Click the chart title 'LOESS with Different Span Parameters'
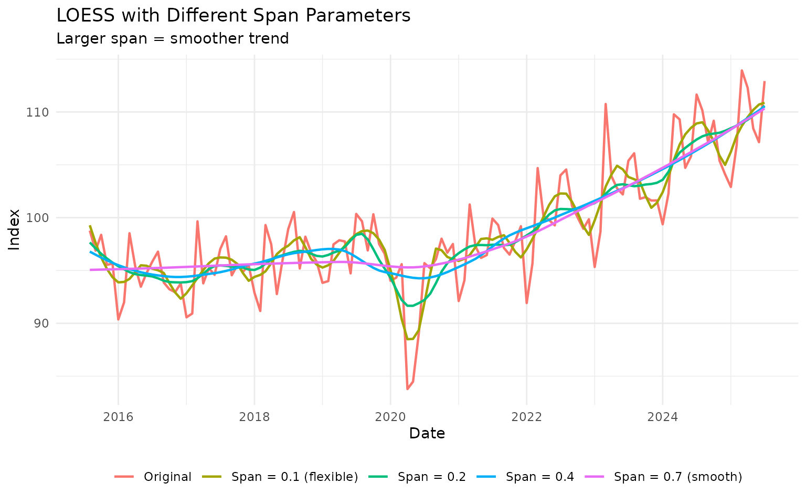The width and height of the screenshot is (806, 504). [x=233, y=16]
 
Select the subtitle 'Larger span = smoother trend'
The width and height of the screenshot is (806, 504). [x=173, y=39]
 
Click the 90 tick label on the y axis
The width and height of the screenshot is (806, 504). [x=42, y=323]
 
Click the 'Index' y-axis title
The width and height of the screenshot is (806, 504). [x=15, y=229]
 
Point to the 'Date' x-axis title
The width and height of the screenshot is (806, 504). [x=427, y=434]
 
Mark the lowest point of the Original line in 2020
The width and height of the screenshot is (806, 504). [x=407, y=389]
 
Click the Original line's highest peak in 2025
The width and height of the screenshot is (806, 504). [x=741, y=70]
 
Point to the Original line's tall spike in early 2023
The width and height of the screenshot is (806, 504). [x=606, y=104]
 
